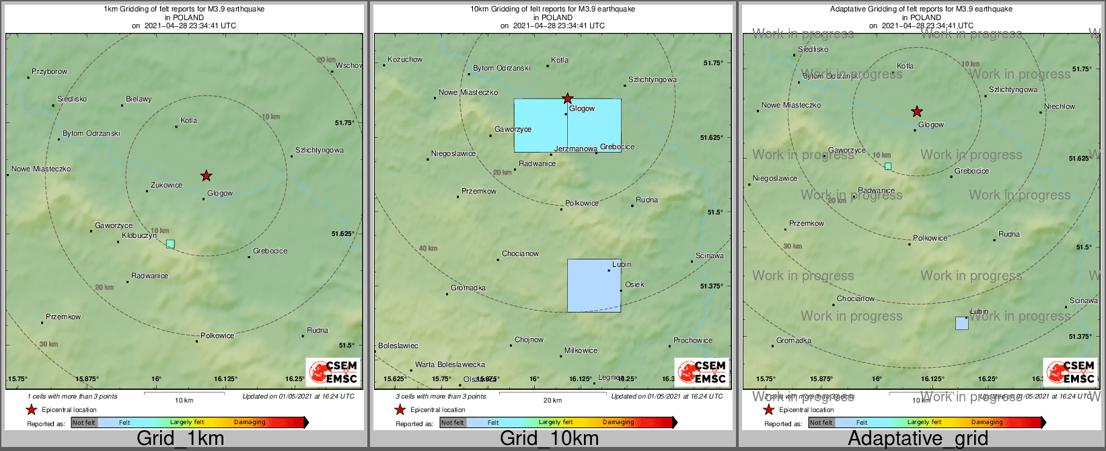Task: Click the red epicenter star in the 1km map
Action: pos(207,176)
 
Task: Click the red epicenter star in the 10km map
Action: pos(568,99)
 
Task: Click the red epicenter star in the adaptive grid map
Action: pos(917,112)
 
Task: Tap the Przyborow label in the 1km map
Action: pos(50,72)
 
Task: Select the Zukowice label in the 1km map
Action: pos(166,185)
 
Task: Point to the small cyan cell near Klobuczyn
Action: pos(170,243)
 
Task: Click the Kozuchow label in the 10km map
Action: pos(405,60)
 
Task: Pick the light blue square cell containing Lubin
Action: pos(594,286)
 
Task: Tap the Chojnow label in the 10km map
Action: pos(529,340)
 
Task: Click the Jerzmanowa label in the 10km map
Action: pos(575,149)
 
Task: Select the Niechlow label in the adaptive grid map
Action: pos(1060,107)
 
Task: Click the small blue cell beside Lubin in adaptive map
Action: pos(962,323)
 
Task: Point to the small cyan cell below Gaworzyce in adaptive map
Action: pos(888,166)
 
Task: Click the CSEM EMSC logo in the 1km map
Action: pos(334,372)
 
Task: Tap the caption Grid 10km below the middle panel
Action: pos(549,439)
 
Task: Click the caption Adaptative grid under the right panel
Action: pos(918,439)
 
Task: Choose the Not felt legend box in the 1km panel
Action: pos(84,423)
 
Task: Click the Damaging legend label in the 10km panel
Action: pos(618,423)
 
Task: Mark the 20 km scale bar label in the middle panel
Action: pos(552,401)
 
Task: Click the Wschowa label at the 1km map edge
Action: pos(349,66)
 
